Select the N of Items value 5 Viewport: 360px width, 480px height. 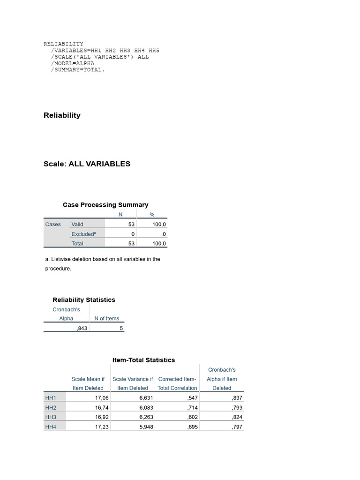click(121, 328)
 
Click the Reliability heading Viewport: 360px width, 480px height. click(62, 115)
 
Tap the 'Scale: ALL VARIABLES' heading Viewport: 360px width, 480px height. click(87, 164)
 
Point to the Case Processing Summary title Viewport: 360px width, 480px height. click(105, 205)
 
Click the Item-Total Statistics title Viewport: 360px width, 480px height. click(143, 360)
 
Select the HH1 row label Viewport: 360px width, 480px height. click(51, 398)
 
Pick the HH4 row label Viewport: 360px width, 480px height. click(51, 427)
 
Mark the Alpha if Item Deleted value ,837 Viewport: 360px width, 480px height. click(237, 398)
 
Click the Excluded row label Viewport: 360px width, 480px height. click(83, 234)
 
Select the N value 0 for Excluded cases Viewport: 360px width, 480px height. click(133, 234)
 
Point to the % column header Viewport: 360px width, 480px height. click(152, 215)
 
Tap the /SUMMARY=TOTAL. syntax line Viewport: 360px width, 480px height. click(78, 70)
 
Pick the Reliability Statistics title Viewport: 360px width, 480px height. click(84, 300)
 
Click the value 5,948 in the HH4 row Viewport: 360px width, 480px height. click(146, 427)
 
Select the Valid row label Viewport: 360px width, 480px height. click(77, 225)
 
